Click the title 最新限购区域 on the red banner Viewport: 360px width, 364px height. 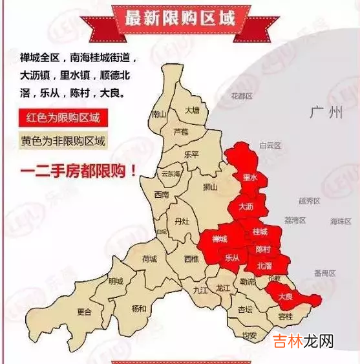(x=180, y=17)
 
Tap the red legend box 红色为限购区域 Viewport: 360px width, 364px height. (x=63, y=118)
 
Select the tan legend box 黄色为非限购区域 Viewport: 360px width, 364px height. (x=63, y=141)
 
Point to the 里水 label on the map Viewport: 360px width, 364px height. (x=249, y=177)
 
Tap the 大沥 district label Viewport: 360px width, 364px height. (x=246, y=207)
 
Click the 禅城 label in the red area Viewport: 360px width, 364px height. (x=220, y=239)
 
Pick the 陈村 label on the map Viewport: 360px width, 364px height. (x=263, y=249)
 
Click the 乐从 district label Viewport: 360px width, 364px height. (x=232, y=257)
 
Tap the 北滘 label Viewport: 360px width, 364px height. (x=264, y=266)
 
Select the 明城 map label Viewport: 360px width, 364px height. (x=116, y=281)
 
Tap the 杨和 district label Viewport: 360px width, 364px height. (x=139, y=308)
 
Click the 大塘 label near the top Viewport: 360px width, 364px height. (x=193, y=110)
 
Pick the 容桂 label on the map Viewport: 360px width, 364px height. (x=285, y=316)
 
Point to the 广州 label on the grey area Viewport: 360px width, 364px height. (x=326, y=113)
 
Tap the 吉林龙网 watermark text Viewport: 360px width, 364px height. (x=302, y=341)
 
